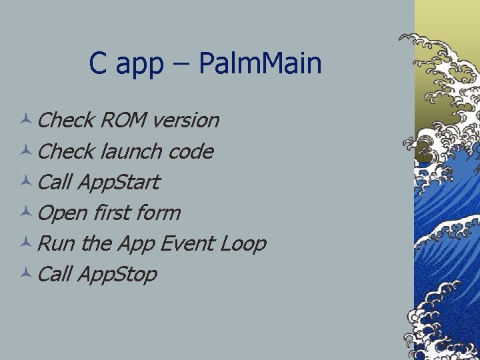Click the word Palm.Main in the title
260,64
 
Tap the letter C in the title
97,64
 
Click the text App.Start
119,182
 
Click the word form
157,213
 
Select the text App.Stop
117,274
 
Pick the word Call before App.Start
55,182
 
